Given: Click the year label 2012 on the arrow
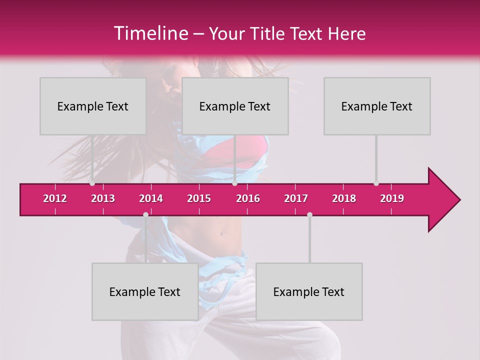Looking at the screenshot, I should (x=55, y=198).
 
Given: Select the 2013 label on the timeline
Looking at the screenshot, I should (x=103, y=198).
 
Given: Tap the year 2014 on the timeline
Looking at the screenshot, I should (x=151, y=198).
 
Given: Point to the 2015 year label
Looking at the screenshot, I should (x=199, y=198).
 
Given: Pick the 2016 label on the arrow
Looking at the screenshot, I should (x=248, y=198).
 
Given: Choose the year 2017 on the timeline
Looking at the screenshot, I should (x=296, y=198).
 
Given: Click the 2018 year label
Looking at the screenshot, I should (x=344, y=198).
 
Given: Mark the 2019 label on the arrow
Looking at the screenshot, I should (x=392, y=198).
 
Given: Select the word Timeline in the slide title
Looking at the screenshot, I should (x=150, y=33).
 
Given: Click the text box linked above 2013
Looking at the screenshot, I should (x=93, y=106).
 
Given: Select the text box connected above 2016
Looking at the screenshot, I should (x=235, y=106).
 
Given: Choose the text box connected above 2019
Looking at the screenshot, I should (x=377, y=106).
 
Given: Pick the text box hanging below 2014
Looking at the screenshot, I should (x=145, y=291).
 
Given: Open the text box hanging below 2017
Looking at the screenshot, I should (x=309, y=291).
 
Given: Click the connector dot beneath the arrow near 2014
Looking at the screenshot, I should (x=145, y=214).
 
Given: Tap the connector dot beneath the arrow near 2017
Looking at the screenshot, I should (x=309, y=214).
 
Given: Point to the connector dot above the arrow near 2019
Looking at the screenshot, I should (x=376, y=183).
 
